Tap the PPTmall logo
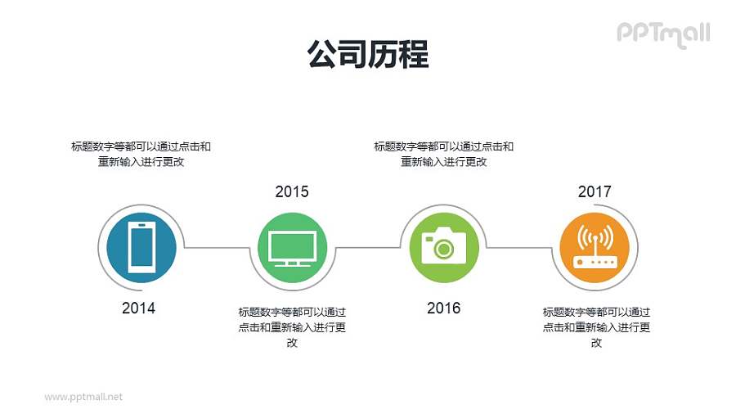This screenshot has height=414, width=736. (x=662, y=34)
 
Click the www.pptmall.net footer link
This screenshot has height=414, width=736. (x=83, y=397)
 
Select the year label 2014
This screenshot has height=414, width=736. (x=138, y=308)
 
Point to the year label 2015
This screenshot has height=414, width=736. (x=292, y=192)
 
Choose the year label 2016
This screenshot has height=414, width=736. (x=443, y=308)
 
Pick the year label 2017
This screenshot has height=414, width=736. (x=595, y=192)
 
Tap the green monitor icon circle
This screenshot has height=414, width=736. (x=292, y=245)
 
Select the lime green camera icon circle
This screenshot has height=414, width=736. (x=443, y=245)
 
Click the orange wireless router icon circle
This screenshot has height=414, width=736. (x=595, y=245)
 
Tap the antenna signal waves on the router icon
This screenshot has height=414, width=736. (x=595, y=236)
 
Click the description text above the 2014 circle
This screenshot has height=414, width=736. (x=141, y=154)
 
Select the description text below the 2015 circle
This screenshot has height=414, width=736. (x=292, y=327)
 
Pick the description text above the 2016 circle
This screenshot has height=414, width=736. (x=443, y=154)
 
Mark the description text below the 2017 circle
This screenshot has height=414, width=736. (x=596, y=327)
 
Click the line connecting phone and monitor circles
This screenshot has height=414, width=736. (x=217, y=247)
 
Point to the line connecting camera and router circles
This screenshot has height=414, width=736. (x=520, y=247)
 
